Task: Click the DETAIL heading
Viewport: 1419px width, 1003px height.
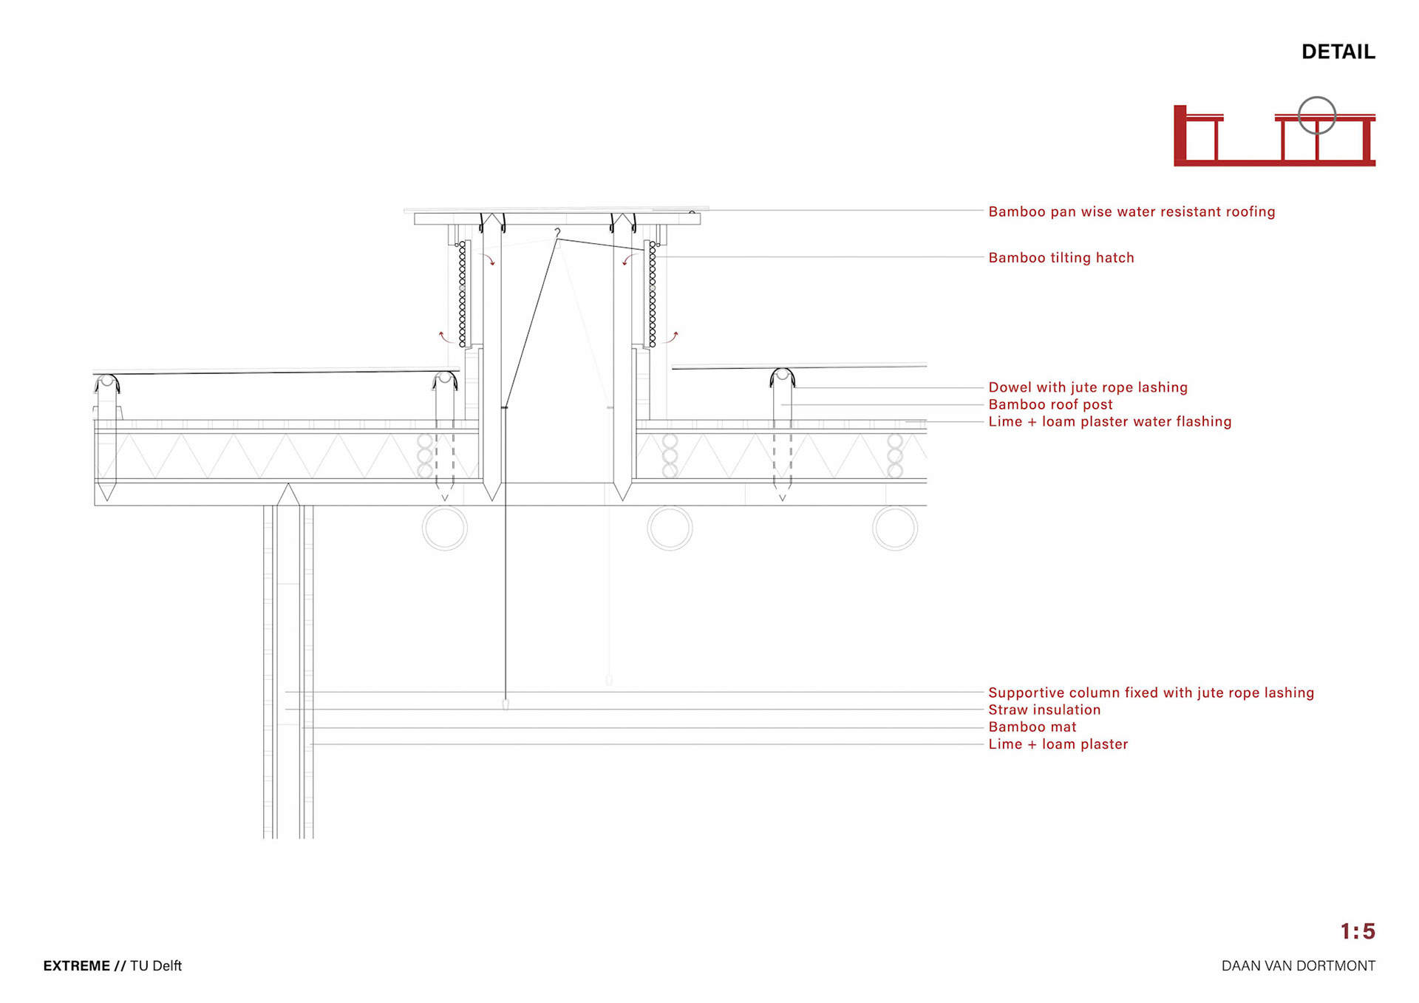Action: click(1338, 52)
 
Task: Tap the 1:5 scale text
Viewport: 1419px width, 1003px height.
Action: click(1357, 931)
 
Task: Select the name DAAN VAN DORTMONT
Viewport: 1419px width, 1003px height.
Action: click(1298, 966)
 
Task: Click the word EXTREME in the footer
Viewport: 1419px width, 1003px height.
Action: click(76, 966)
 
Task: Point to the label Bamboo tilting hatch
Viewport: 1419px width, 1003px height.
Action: click(1061, 258)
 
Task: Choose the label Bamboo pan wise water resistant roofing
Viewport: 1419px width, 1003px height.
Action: click(1132, 212)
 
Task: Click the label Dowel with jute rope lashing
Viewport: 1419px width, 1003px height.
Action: click(1088, 387)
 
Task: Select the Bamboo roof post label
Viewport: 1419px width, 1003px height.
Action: click(1050, 404)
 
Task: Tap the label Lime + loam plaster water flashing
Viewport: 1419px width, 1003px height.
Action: click(1109, 421)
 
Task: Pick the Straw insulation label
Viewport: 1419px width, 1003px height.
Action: click(1044, 710)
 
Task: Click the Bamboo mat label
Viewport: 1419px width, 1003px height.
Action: click(1032, 727)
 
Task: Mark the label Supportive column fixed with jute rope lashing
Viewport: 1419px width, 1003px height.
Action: click(1151, 693)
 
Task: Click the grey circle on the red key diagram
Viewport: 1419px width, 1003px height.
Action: click(1317, 115)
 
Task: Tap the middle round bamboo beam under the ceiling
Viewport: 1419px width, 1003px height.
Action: click(670, 528)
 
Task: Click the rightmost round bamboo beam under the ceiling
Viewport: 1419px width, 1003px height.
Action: click(894, 528)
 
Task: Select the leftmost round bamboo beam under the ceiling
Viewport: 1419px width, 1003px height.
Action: click(444, 528)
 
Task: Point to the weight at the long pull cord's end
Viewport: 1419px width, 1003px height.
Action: click(506, 704)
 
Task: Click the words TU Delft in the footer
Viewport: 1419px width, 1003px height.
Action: click(156, 966)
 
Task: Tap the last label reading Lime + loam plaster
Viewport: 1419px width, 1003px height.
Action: click(1058, 744)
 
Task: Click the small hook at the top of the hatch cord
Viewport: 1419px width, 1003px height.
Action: click(557, 233)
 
